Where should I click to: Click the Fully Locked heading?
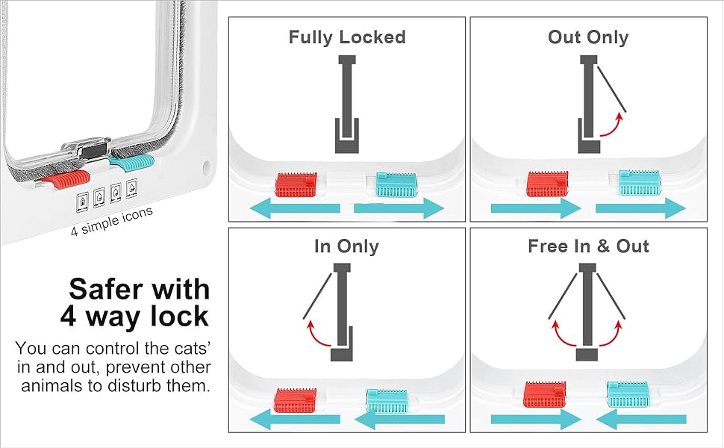tap(347, 37)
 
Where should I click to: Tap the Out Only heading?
tap(588, 37)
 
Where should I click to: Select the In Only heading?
tap(347, 246)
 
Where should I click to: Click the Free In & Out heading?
tap(588, 246)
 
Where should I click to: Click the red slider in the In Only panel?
tap(297, 399)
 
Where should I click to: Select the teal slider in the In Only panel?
tap(386, 399)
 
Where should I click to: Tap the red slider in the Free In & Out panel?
tap(545, 394)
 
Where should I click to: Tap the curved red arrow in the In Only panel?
tap(322, 334)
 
